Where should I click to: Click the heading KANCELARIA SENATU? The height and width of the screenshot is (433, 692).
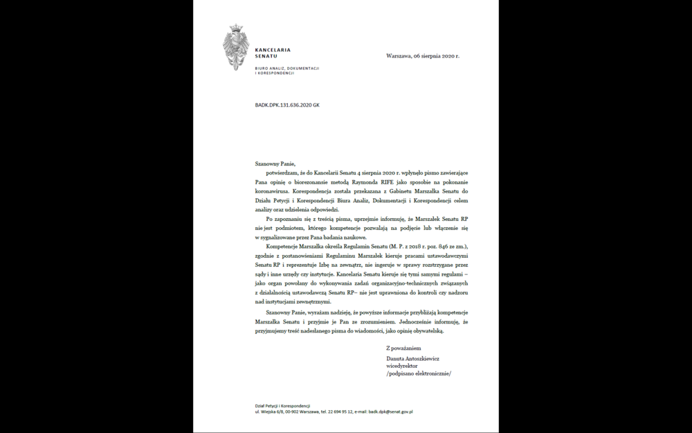(273, 53)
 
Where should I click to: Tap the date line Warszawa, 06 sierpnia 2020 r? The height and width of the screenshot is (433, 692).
(422, 55)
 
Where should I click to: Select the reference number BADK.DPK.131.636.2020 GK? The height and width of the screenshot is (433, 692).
(287, 105)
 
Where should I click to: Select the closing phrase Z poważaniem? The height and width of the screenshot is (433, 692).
(403, 348)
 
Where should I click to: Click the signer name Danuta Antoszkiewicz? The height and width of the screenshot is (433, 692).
(413, 359)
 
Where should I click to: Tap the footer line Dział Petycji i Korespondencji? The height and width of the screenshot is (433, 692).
(282, 405)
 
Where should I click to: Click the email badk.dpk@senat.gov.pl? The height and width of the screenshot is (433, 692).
(390, 412)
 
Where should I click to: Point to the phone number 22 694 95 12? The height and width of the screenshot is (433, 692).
(341, 412)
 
